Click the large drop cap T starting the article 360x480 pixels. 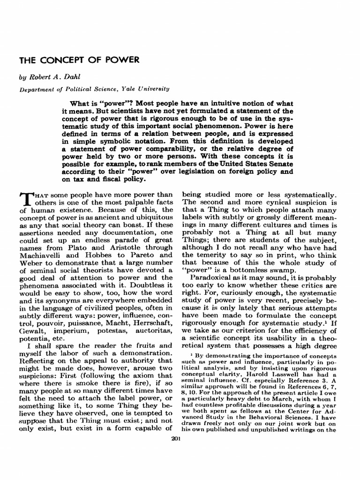[x=26, y=200]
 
